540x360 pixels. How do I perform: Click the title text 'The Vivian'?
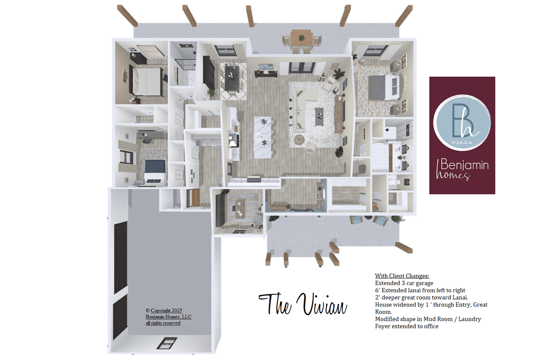(x=302, y=304)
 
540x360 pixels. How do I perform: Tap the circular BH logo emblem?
(x=462, y=123)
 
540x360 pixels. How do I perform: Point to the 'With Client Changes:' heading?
(x=402, y=276)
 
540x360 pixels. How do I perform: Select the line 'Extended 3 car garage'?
(x=404, y=283)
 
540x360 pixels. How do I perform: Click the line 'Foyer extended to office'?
(x=407, y=326)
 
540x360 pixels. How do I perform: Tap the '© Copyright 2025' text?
(x=163, y=310)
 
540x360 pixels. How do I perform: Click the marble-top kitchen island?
(x=263, y=137)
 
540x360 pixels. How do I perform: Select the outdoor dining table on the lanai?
(x=302, y=39)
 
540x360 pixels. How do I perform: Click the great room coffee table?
(x=319, y=117)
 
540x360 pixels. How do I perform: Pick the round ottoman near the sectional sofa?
(x=299, y=139)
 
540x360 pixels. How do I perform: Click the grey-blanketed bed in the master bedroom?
(x=384, y=87)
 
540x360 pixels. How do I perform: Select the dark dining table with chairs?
(x=232, y=78)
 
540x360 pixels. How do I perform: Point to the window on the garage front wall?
(x=167, y=343)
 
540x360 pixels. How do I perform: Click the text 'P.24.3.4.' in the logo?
(x=462, y=143)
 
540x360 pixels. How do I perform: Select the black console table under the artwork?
(x=266, y=74)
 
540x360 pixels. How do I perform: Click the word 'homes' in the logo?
(x=453, y=175)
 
